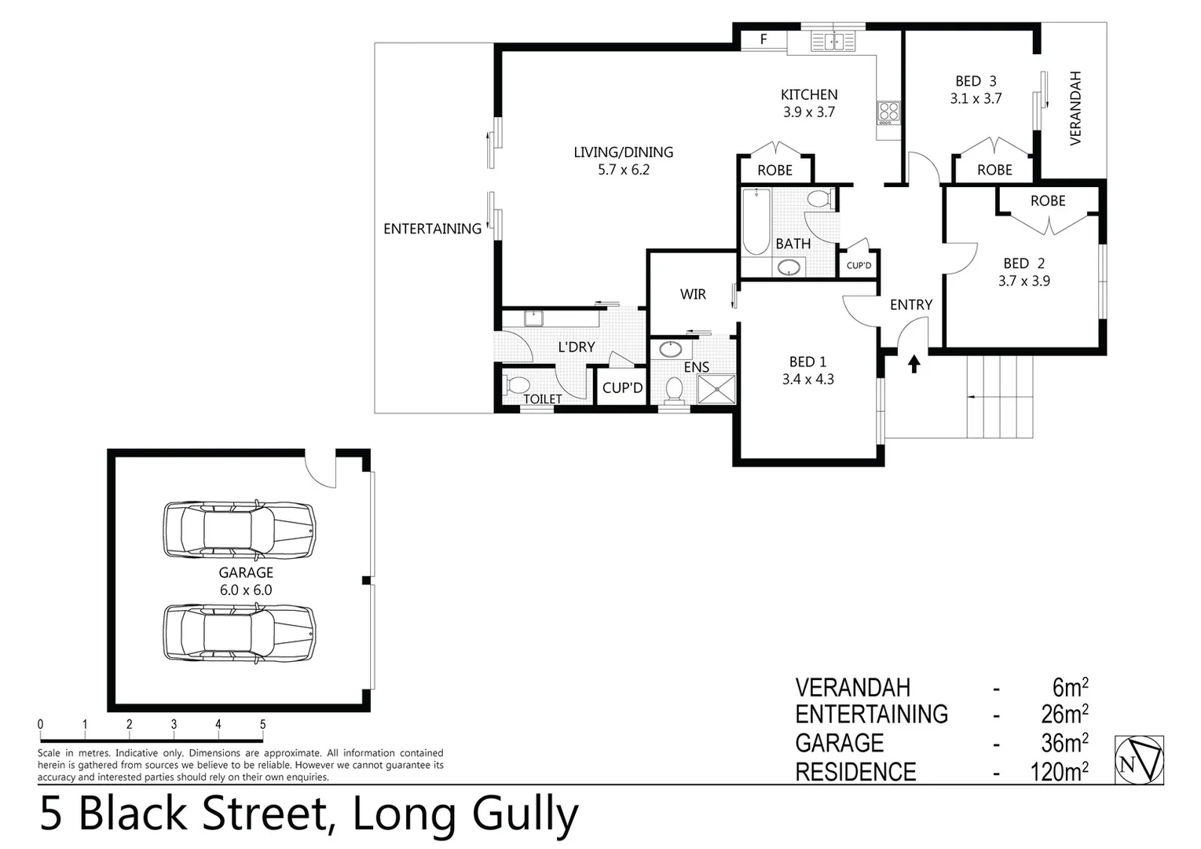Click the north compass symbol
pyautogui.click(x=1139, y=760)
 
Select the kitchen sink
pyautogui.click(x=833, y=41)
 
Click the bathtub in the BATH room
pyautogui.click(x=756, y=222)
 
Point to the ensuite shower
pyautogui.click(x=717, y=389)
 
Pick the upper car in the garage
pyautogui.click(x=240, y=531)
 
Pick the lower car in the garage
pyautogui.click(x=240, y=633)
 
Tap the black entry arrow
pyautogui.click(x=914, y=363)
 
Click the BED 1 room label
pyautogui.click(x=807, y=362)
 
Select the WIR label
pyautogui.click(x=693, y=294)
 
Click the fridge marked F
pyautogui.click(x=763, y=39)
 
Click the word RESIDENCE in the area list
pyautogui.click(x=855, y=772)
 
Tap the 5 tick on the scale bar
pyautogui.click(x=262, y=726)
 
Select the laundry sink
pyautogui.click(x=534, y=318)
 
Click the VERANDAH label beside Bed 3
pyautogui.click(x=1075, y=108)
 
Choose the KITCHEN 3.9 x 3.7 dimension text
pyautogui.click(x=808, y=112)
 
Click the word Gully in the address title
pyautogui.click(x=522, y=814)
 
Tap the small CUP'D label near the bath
pyautogui.click(x=859, y=266)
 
